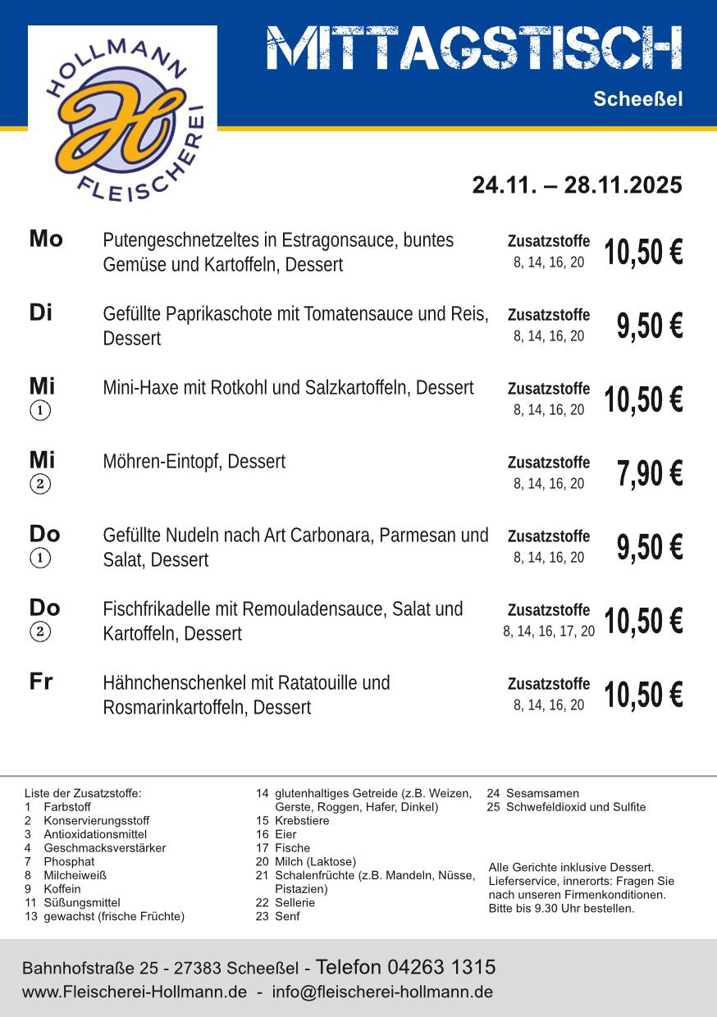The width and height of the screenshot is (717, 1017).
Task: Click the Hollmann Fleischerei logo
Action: click(x=123, y=115)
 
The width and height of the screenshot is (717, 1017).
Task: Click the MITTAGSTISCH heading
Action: click(x=474, y=48)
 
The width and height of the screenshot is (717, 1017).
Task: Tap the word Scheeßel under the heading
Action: click(x=637, y=100)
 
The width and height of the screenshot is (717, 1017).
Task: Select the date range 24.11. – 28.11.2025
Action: click(x=577, y=185)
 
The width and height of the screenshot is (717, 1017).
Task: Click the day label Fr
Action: click(x=41, y=682)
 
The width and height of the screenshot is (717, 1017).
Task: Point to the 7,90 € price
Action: click(x=649, y=474)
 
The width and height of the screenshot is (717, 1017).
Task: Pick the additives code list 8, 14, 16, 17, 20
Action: click(x=549, y=632)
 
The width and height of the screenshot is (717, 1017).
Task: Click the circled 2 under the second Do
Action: click(x=40, y=632)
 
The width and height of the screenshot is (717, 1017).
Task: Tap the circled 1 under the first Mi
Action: click(x=40, y=410)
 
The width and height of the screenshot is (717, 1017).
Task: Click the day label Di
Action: click(x=41, y=313)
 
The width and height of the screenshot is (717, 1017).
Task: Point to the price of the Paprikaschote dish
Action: click(x=649, y=326)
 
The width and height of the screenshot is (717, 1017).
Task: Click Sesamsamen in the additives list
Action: click(x=541, y=793)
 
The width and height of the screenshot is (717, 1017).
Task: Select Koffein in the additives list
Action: click(x=62, y=888)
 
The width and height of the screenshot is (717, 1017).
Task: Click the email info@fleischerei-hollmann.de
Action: click(x=382, y=992)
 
